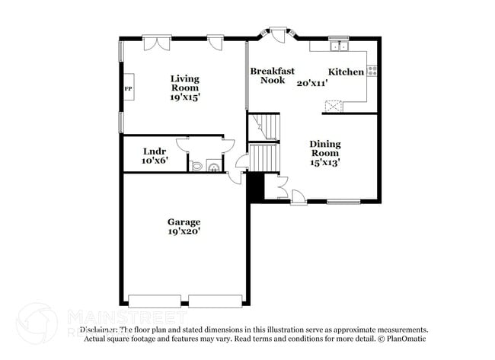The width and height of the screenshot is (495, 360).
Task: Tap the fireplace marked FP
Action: point(129,89)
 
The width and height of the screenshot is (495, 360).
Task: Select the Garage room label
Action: point(184,221)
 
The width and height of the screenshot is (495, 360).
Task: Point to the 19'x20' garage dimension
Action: point(184,231)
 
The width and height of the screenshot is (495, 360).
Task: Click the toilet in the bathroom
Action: point(197,165)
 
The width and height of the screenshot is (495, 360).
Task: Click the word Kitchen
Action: point(346,72)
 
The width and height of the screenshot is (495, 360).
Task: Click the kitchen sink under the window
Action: point(338,46)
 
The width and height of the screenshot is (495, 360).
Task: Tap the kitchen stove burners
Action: point(372,71)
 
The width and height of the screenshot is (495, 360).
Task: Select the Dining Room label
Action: point(324,148)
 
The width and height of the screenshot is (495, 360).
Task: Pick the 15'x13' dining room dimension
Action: point(324,162)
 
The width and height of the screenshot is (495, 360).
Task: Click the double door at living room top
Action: point(156,43)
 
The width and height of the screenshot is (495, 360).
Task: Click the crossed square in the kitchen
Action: point(334,107)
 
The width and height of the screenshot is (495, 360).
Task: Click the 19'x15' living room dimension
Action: point(184,97)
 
